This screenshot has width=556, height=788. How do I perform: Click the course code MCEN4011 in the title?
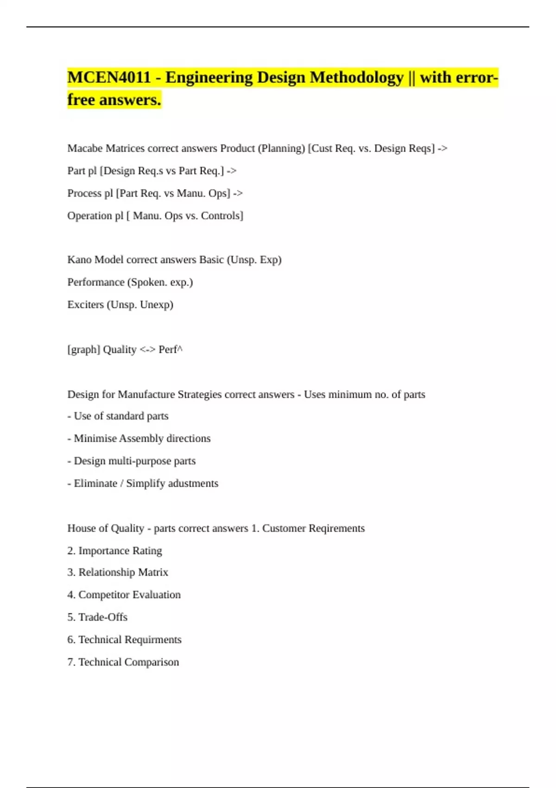pos(109,77)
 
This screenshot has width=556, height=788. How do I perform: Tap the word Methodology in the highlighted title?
pos(356,77)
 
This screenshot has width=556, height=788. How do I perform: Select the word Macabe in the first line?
pos(85,148)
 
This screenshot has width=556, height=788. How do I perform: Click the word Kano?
pos(79,260)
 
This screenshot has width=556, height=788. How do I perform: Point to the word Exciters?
pos(85,305)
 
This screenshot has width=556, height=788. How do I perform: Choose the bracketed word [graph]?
pos(83,350)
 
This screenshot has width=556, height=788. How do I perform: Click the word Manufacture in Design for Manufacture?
pos(146,394)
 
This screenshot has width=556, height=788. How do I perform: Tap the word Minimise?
pos(95,438)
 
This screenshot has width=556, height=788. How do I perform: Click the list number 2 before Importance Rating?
pos(71,551)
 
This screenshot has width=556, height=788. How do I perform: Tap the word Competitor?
pos(104,595)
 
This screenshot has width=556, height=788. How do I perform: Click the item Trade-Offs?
pos(103,617)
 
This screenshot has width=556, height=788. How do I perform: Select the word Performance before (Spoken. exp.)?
pos(96,282)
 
